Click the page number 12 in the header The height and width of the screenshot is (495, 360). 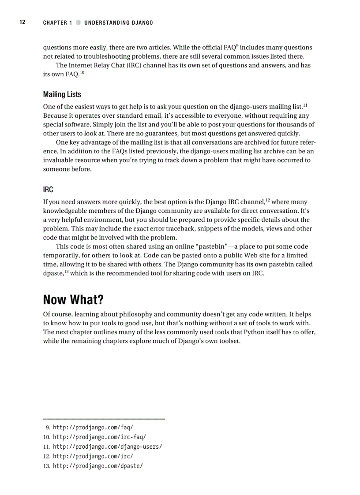(x=22, y=22)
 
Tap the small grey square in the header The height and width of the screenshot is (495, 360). (x=78, y=22)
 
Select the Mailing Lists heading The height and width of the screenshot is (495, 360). (x=62, y=94)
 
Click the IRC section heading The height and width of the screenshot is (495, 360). (x=48, y=190)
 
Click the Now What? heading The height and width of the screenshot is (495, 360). (x=73, y=300)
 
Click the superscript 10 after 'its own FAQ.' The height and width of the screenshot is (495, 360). (x=82, y=72)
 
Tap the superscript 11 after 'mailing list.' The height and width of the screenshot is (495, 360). (x=305, y=105)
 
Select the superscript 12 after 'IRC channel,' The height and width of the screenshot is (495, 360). (x=267, y=200)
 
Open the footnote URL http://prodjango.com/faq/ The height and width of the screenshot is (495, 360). (x=93, y=428)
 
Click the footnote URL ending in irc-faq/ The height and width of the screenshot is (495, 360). (x=99, y=437)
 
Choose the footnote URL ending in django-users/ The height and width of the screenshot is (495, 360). (x=107, y=447)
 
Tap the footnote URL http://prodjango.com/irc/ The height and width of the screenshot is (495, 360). (x=93, y=456)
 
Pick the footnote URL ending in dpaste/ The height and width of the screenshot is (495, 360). (x=97, y=466)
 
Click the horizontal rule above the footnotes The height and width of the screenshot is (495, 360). (x=104, y=419)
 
